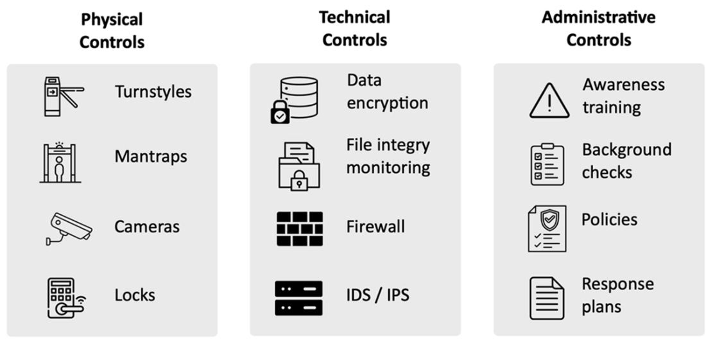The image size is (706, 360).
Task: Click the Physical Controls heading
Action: click(112, 31)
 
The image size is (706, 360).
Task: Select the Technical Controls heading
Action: click(354, 28)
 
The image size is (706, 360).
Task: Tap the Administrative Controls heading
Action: click(598, 28)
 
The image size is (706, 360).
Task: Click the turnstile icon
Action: click(64, 97)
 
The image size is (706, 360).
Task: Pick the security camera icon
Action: click(69, 228)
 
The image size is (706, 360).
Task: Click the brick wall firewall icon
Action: click(300, 228)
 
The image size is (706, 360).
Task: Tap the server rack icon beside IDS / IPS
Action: click(298, 298)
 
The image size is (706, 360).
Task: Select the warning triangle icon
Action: click(549, 100)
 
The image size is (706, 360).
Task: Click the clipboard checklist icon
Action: click(547, 164)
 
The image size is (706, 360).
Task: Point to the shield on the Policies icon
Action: click(550, 219)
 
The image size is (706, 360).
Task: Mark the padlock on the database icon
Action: click(280, 112)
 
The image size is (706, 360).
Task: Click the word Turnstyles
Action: click(153, 92)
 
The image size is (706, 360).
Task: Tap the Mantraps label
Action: click(151, 157)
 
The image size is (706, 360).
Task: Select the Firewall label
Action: click(375, 226)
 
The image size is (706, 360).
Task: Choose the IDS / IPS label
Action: click(378, 295)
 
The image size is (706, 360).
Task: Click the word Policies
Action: click(609, 219)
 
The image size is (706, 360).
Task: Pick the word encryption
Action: click(387, 103)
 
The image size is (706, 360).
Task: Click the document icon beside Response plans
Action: click(547, 298)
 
